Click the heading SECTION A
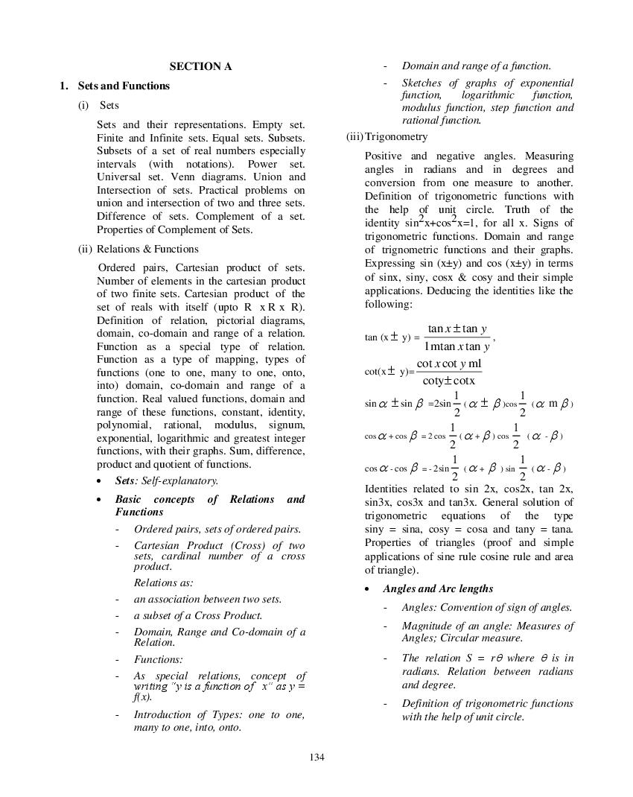200,66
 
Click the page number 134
316,758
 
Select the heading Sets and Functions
124,86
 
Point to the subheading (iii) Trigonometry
387,137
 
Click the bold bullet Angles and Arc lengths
438,588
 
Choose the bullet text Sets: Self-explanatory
166,481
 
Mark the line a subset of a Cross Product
198,615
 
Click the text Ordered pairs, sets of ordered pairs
217,530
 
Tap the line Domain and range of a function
477,66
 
